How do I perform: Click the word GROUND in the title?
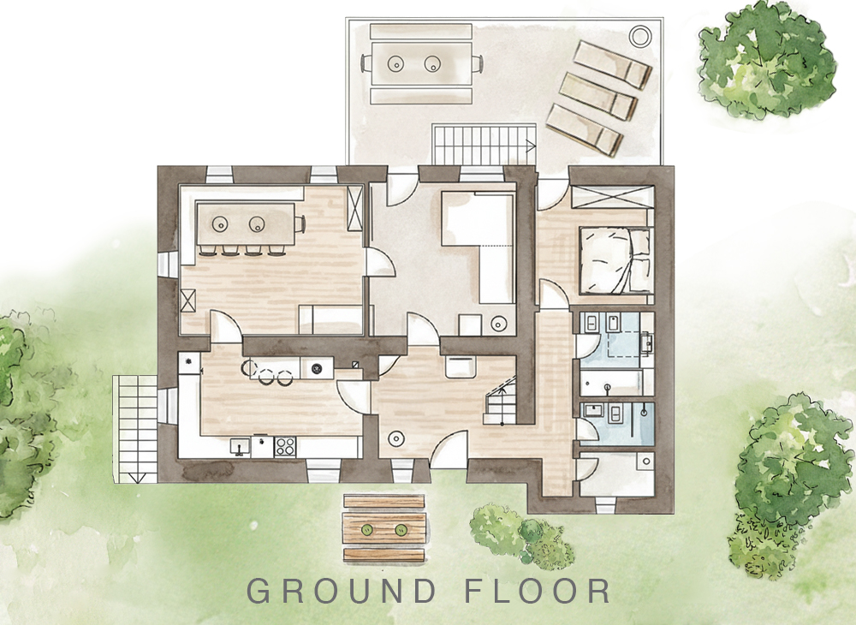[x=342, y=591]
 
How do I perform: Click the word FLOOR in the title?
[x=538, y=591]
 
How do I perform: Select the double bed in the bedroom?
[x=615, y=261]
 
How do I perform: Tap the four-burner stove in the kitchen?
[x=284, y=447]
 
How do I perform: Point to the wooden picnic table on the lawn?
[x=384, y=528]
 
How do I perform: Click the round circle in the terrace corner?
[x=639, y=36]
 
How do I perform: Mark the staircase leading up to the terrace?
[x=484, y=144]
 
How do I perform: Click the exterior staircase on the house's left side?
[x=135, y=429]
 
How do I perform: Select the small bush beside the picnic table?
[x=519, y=533]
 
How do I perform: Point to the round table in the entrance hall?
[x=396, y=437]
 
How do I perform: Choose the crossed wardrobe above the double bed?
[x=613, y=197]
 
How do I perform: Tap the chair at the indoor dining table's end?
[x=300, y=223]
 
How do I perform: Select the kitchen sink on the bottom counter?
[x=239, y=447]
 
